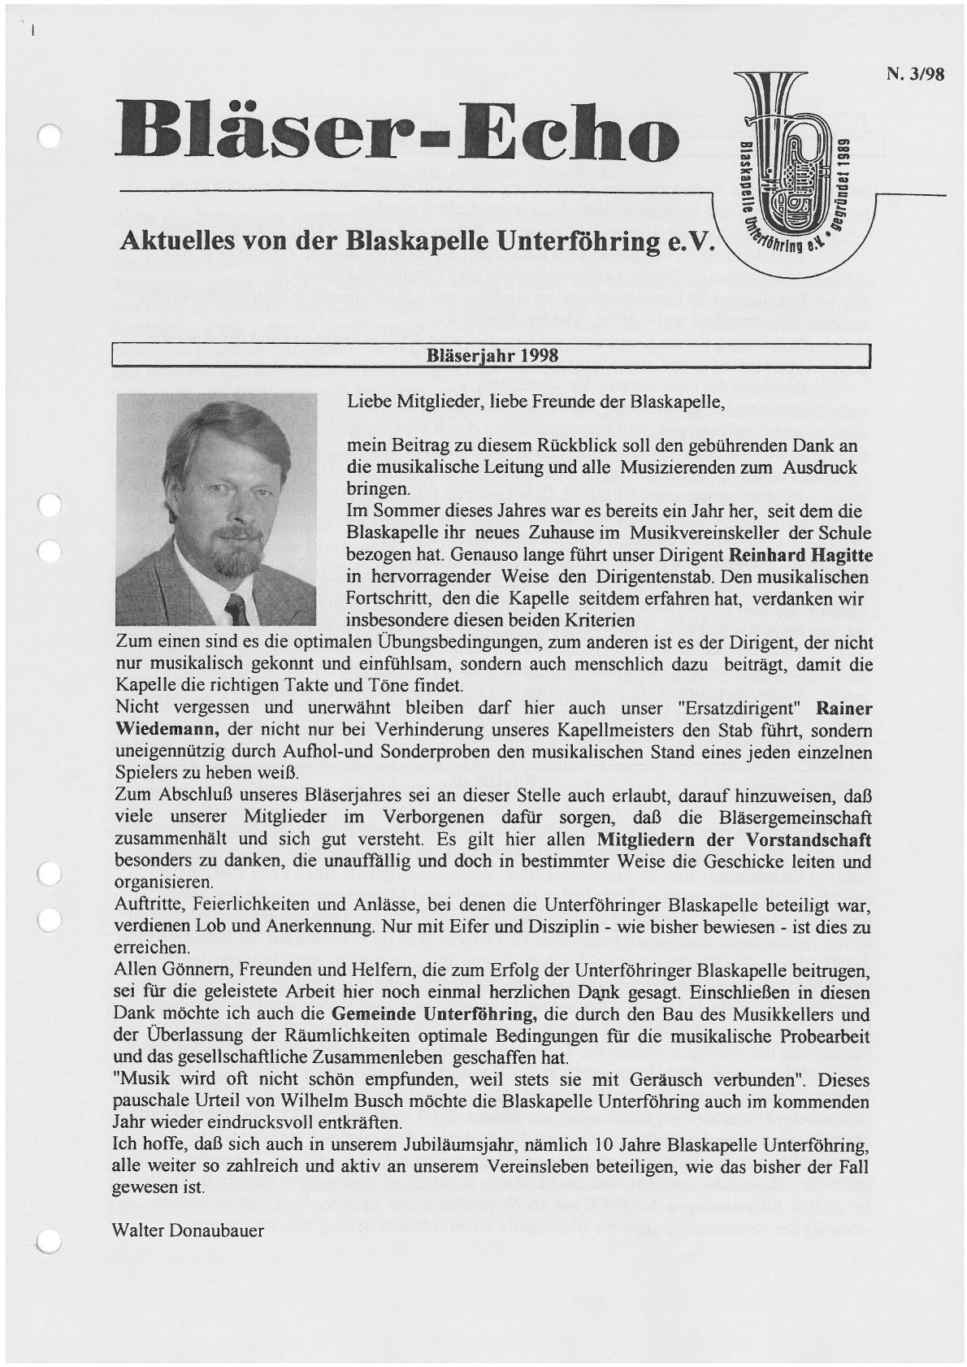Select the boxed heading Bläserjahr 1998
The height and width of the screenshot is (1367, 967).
[492, 356]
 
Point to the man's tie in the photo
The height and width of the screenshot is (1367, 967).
[236, 607]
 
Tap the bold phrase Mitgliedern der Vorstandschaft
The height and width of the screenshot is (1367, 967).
[734, 838]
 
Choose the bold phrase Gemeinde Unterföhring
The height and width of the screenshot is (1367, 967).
[435, 1014]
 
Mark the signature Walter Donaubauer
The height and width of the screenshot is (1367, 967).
[189, 1230]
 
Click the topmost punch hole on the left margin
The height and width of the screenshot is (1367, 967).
[50, 137]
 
